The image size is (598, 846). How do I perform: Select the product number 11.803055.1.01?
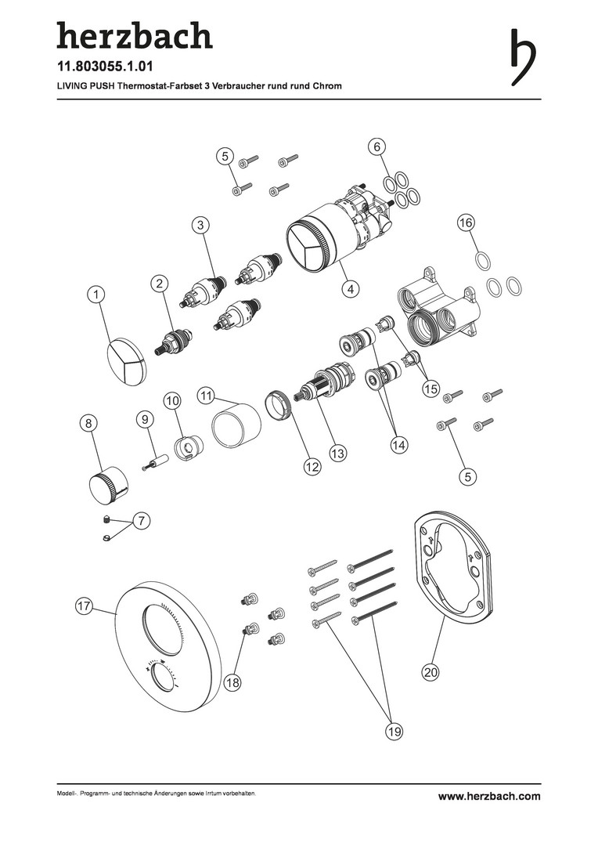coord(105,67)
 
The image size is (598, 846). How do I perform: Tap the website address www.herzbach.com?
coord(489,796)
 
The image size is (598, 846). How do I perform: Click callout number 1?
coord(96,294)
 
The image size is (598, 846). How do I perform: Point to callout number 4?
coord(351,288)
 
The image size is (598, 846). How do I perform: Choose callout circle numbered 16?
coord(466,222)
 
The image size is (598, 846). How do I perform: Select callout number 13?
coord(338,454)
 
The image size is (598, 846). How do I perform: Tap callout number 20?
coord(430,672)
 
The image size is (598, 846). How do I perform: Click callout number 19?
coord(394,731)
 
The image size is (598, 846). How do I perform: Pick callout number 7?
coord(141,521)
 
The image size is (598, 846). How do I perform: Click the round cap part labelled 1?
coord(125,362)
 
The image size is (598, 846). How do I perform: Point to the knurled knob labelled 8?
coord(108,484)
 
